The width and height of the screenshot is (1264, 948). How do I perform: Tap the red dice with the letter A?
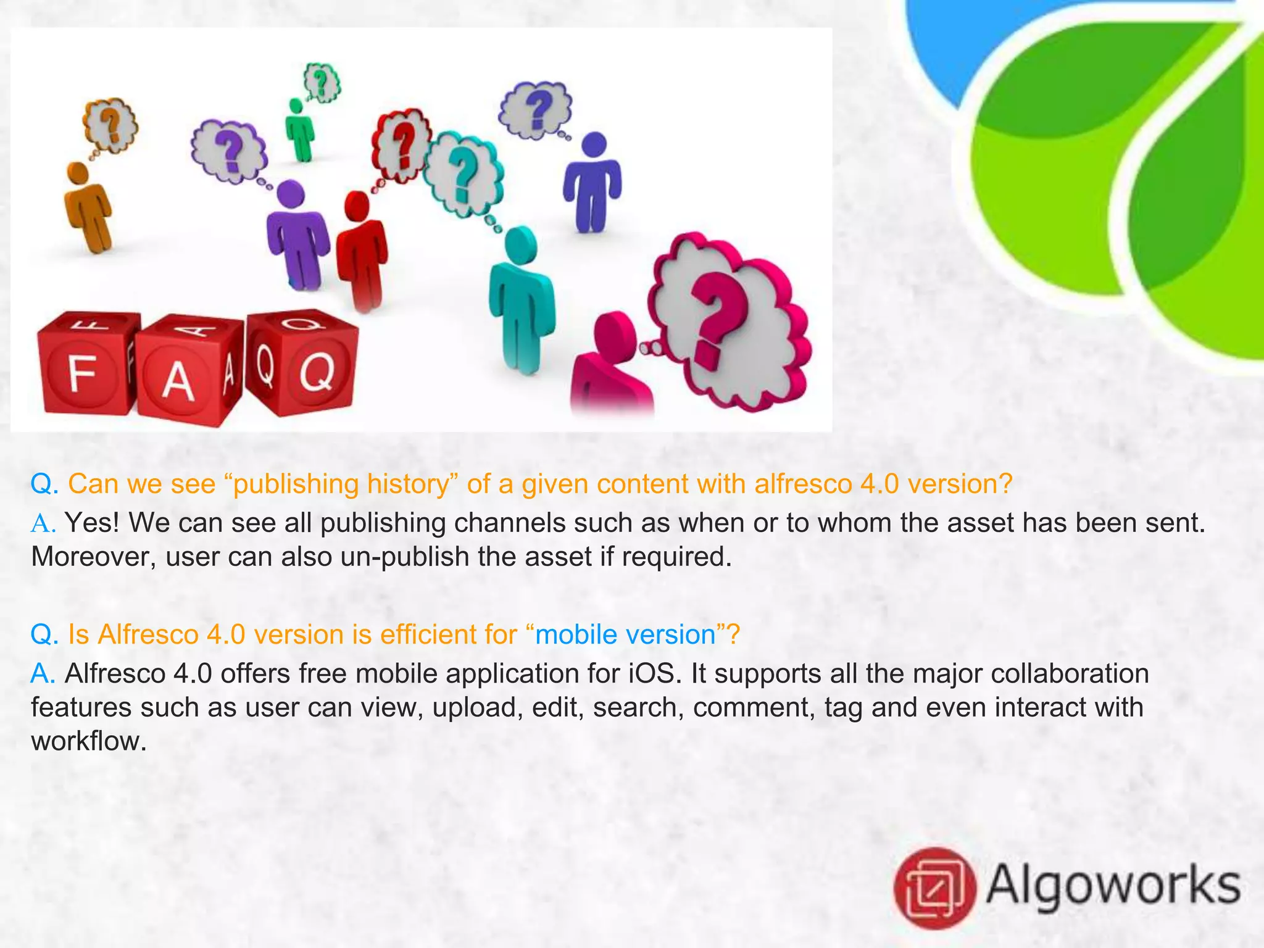pyautogui.click(x=185, y=373)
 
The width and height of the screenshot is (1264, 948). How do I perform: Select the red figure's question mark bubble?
pyautogui.click(x=401, y=145)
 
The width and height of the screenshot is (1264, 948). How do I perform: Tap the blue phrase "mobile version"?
pyautogui.click(x=625, y=635)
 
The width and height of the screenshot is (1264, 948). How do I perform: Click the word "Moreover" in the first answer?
pyautogui.click(x=92, y=557)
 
